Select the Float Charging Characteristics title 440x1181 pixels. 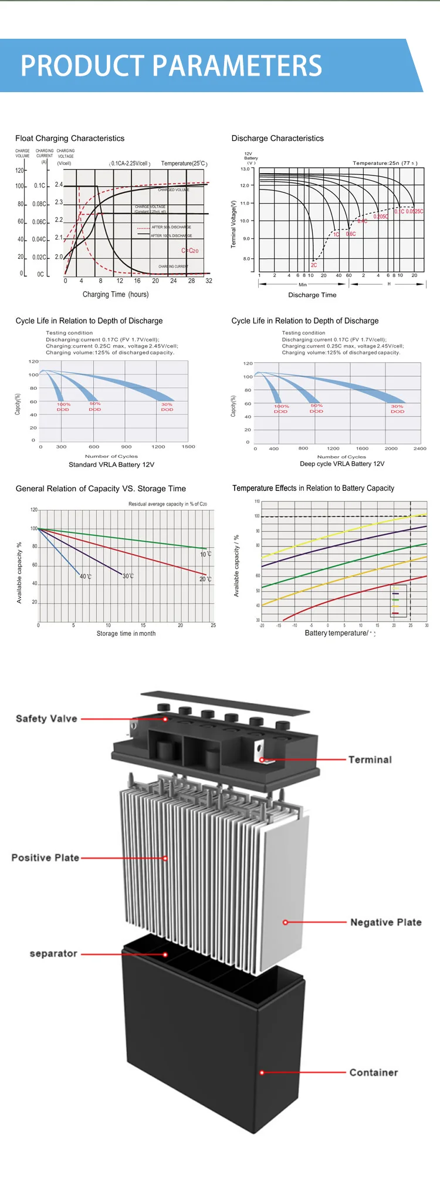[70, 139]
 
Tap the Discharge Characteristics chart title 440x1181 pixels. [277, 139]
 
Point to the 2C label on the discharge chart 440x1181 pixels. [314, 265]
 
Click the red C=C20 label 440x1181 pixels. [190, 251]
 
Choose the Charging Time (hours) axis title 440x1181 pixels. [116, 295]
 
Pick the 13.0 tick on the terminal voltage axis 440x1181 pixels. [245, 169]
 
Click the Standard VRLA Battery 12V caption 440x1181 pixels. [111, 465]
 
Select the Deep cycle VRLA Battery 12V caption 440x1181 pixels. [342, 464]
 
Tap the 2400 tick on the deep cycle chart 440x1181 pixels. [420, 448]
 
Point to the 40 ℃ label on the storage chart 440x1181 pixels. [86, 576]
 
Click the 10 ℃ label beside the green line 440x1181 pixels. [205, 554]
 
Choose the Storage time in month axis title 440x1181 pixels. [126, 634]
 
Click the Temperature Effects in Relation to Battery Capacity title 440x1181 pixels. [313, 488]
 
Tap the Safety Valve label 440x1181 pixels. [46, 718]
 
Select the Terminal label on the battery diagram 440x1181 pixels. [370, 760]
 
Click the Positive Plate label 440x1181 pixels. [45, 858]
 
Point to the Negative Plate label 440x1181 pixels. [385, 922]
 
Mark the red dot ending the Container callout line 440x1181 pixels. [262, 1072]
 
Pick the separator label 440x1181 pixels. [53, 954]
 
